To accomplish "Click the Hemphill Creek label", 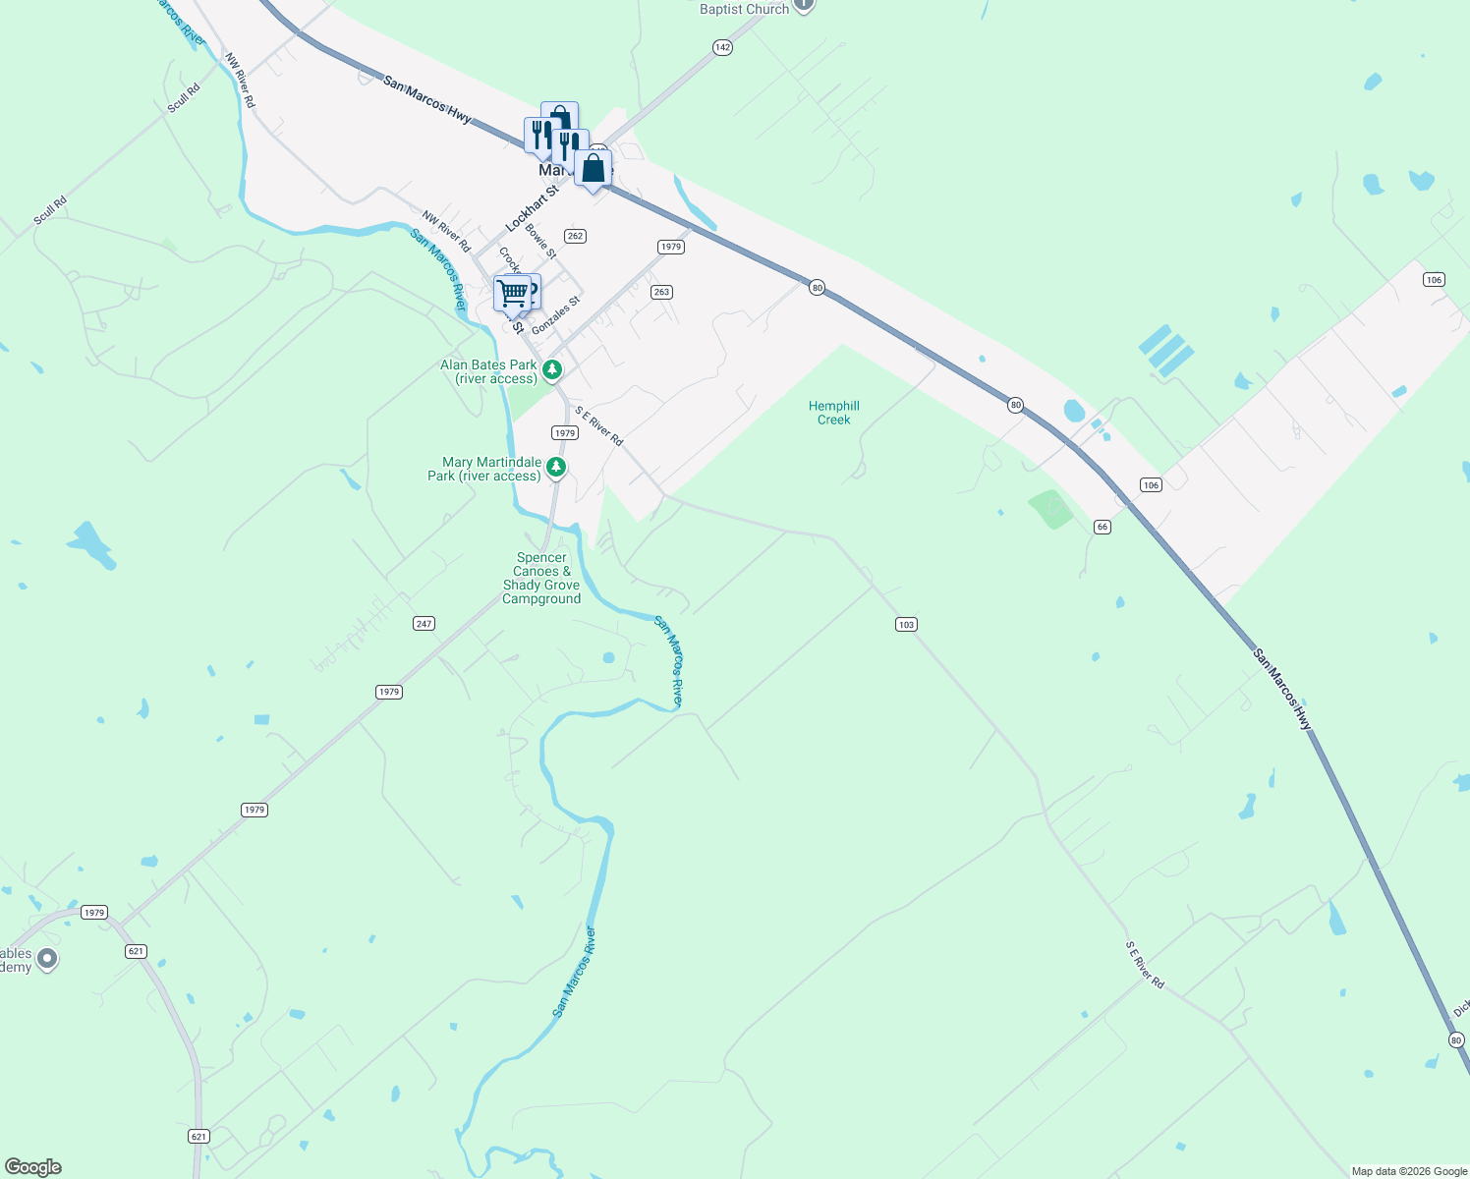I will (x=833, y=413).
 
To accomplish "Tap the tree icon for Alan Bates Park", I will (x=553, y=370).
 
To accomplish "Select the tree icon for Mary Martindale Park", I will (x=556, y=468).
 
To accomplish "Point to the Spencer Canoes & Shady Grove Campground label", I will (x=541, y=578).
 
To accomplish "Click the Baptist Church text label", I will (x=744, y=9).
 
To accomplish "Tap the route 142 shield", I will (x=722, y=47).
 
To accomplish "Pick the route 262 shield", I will (x=575, y=236).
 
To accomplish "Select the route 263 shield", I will (x=661, y=292).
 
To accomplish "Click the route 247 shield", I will (x=424, y=623).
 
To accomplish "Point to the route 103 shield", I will (x=906, y=624).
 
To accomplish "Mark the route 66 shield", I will (x=1102, y=527).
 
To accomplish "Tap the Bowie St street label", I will (x=541, y=241).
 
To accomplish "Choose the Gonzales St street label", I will (x=555, y=315).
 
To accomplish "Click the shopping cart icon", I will (x=512, y=293).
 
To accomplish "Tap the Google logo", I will (x=32, y=1167).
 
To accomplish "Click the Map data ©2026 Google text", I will (x=1409, y=1171).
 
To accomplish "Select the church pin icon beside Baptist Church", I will (x=804, y=4).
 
